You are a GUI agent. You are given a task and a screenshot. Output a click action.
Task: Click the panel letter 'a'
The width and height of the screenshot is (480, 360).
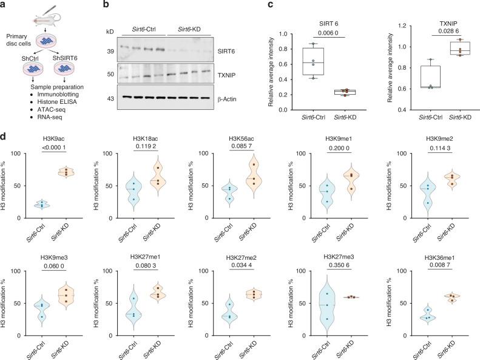click(x=4, y=5)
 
